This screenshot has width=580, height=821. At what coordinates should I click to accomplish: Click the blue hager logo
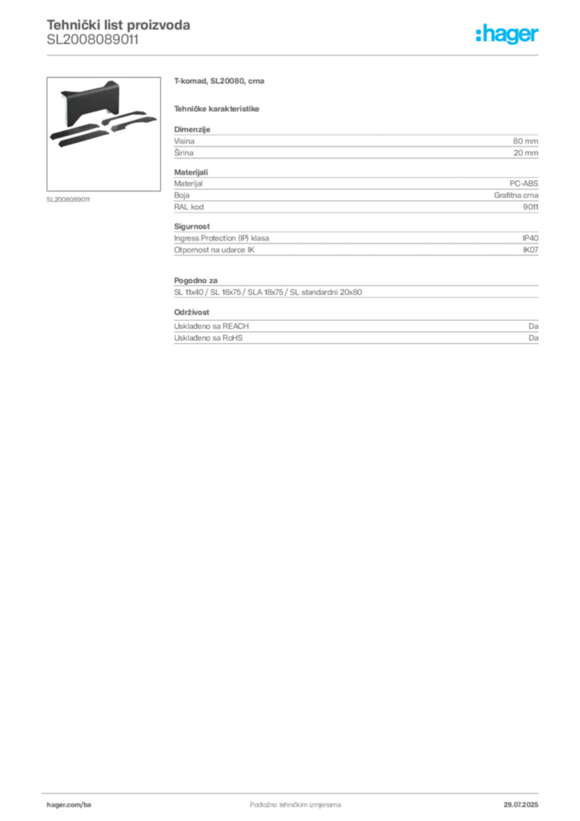coord(508,35)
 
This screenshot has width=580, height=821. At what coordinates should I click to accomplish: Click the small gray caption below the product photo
coord(70,200)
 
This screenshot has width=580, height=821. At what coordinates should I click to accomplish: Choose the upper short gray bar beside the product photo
coord(220,82)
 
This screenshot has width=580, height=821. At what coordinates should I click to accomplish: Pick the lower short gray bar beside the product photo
coord(218,107)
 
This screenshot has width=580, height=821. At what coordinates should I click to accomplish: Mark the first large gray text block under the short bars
coord(356,143)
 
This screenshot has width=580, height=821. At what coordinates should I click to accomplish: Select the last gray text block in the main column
coord(356,329)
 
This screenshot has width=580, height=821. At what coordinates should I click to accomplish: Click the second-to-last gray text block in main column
coord(356,289)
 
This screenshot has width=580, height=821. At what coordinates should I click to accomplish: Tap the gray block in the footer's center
coord(285,799)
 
